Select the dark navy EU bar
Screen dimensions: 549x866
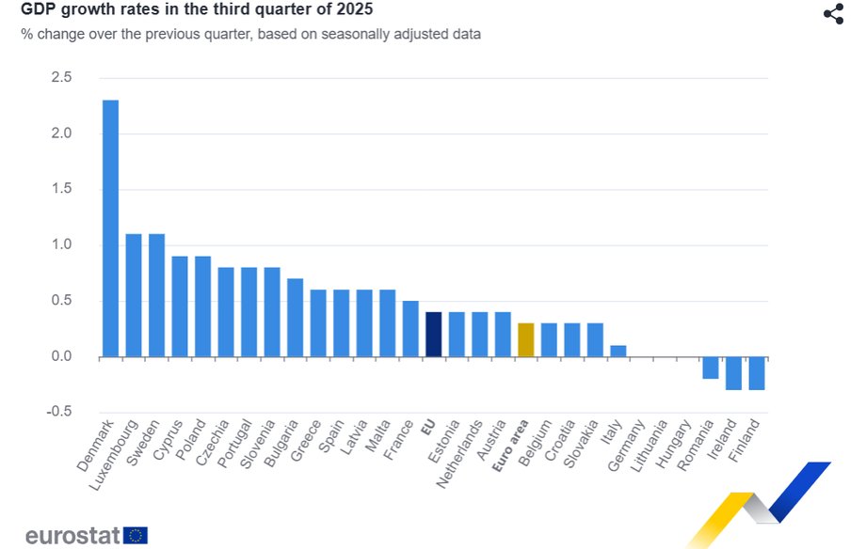(434, 335)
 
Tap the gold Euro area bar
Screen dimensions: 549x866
(526, 340)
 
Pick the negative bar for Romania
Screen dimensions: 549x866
(710, 368)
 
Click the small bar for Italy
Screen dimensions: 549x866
(617, 352)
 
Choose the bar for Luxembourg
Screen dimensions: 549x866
(134, 295)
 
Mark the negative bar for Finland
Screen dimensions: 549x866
(757, 373)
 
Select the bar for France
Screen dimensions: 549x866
(410, 329)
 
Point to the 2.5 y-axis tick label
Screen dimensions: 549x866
(61, 77)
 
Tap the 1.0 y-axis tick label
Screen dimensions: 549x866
(61, 245)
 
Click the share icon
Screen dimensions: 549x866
(833, 14)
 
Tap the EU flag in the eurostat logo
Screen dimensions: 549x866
(136, 536)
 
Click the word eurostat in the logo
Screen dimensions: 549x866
(72, 536)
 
